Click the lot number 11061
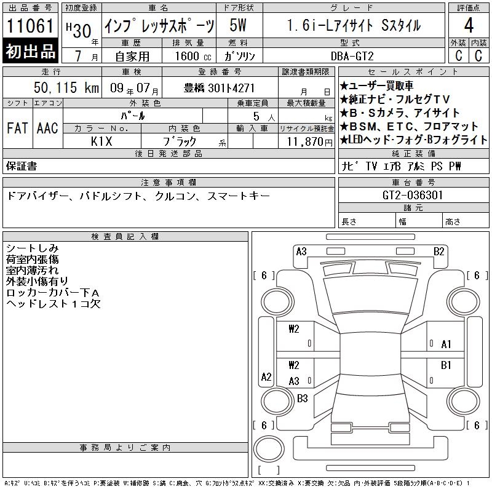tap(30, 25)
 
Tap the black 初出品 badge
tap(30, 50)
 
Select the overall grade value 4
tap(469, 25)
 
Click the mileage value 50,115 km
tap(66, 87)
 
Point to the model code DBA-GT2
tap(352, 56)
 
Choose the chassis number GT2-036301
tap(413, 195)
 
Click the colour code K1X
tap(101, 141)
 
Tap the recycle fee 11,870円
tap(310, 142)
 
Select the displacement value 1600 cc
tap(193, 56)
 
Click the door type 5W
tap(238, 25)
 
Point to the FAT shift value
tap(17, 128)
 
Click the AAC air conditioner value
tap(47, 128)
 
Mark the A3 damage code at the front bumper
tap(301, 252)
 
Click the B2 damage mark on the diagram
tap(438, 252)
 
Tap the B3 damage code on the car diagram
tap(302, 398)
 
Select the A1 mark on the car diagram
tap(446, 344)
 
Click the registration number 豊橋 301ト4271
tap(219, 88)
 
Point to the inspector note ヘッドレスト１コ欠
tap(54, 304)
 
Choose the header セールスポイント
tap(413, 72)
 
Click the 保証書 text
tap(22, 166)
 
